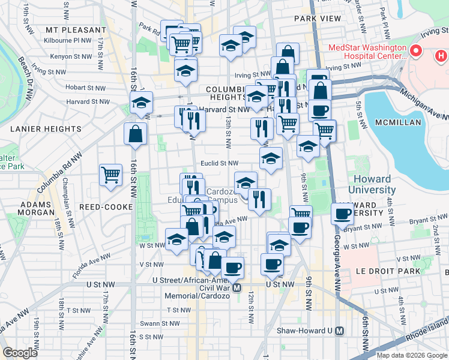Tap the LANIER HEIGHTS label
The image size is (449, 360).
[46, 128]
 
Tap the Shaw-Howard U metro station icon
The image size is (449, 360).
[340, 331]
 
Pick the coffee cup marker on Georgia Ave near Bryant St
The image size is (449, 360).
[343, 214]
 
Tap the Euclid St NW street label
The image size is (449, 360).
[220, 163]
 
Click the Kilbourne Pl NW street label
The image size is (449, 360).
[68, 40]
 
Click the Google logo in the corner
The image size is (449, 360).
[20, 353]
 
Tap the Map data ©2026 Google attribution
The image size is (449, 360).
[411, 355]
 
